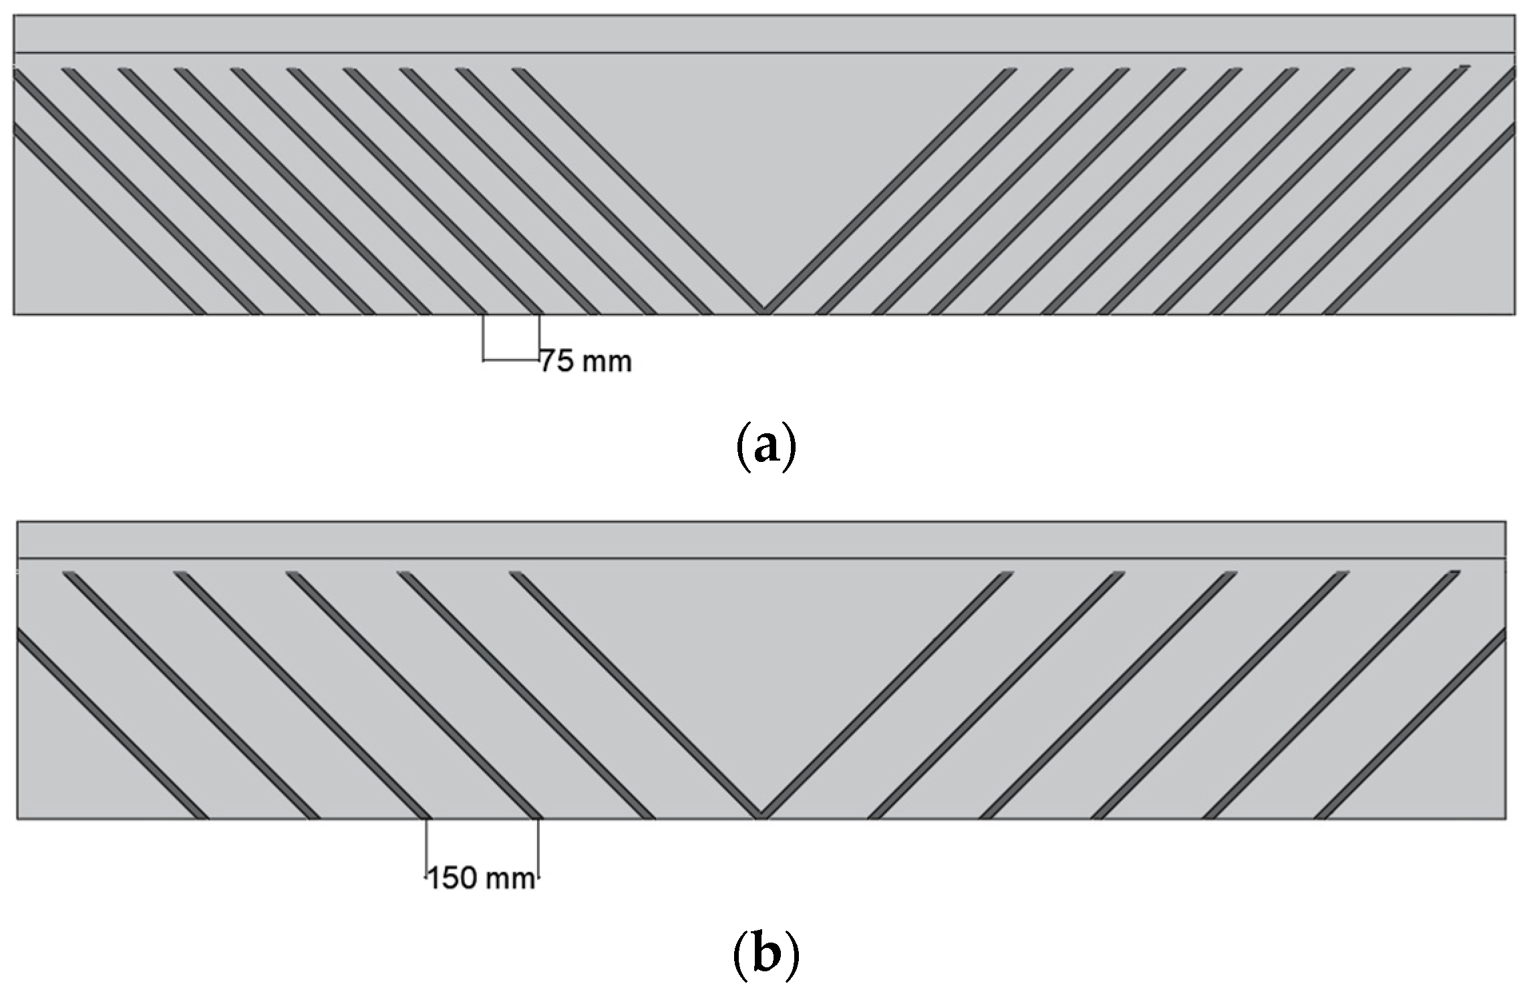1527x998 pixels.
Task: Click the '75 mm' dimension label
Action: (586, 361)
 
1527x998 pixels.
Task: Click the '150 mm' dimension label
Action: (481, 878)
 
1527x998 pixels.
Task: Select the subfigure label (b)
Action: (766, 955)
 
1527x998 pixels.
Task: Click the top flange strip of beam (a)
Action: (763, 34)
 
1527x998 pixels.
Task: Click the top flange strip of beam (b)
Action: (761, 539)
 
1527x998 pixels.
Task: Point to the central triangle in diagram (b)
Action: (761, 668)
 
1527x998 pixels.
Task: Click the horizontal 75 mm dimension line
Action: (511, 361)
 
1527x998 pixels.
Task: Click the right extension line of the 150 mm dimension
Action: (538, 848)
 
